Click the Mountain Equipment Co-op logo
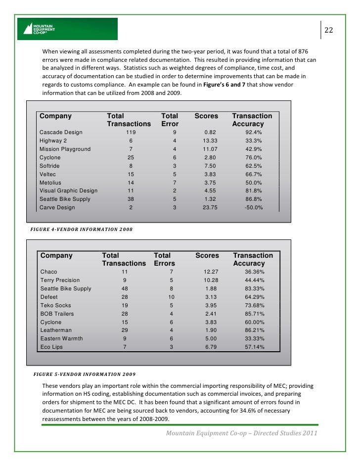click(67, 29)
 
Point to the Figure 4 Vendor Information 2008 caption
click(82, 230)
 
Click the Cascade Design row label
click(61, 132)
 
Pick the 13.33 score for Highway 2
click(206, 140)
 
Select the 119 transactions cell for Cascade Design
click(131, 132)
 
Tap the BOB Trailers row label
click(57, 313)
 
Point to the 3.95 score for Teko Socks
click(211, 305)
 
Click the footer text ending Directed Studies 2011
click(242, 433)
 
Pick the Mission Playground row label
click(65, 149)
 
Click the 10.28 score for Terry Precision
click(211, 280)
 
